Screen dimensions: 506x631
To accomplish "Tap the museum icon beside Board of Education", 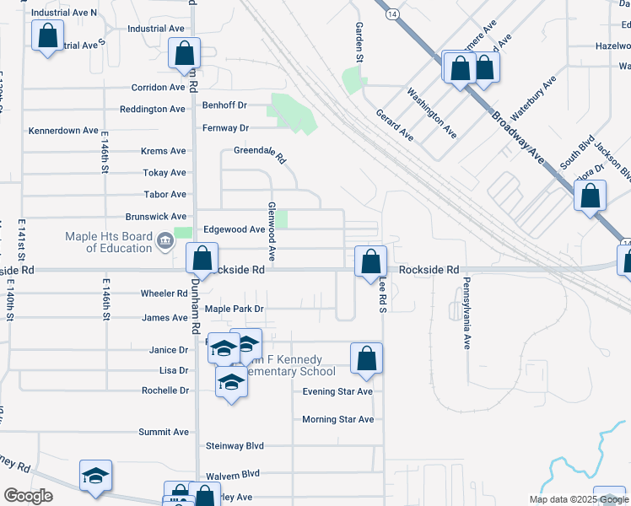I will point(165,243).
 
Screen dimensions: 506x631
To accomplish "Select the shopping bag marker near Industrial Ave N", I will point(47,37).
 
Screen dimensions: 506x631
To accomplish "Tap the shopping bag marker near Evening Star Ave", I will point(366,358).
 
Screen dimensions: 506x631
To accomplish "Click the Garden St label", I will point(358,43).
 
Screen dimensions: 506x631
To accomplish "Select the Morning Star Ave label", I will point(337,419).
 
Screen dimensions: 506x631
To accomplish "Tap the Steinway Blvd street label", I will point(235,445).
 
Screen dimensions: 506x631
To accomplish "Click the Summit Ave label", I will point(163,432).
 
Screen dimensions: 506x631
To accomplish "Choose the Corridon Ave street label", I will point(158,88).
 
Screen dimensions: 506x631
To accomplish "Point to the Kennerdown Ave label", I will point(64,131).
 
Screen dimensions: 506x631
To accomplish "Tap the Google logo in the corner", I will point(28,496).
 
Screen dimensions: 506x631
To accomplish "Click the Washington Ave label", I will point(431,113).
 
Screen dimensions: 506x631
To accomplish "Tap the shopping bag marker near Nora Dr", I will point(590,196).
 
